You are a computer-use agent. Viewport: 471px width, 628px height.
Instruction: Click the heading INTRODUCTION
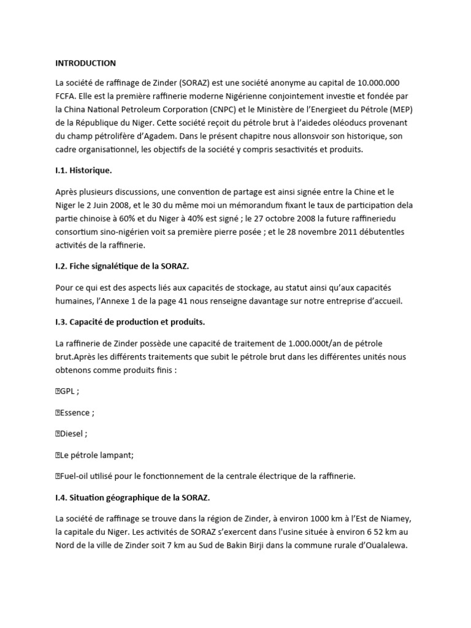click(x=85, y=63)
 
